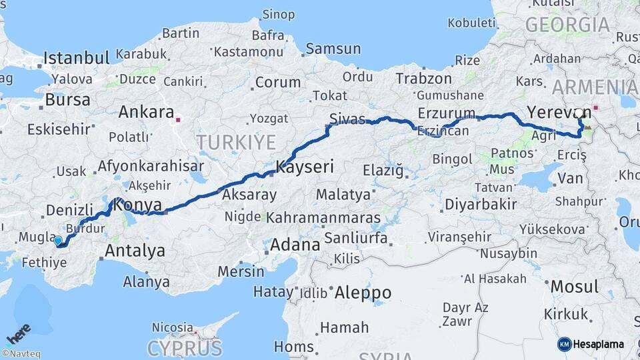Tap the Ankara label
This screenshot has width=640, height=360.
coord(146,112)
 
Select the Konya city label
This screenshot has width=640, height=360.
coord(138,205)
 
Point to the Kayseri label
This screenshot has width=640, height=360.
coord(305,167)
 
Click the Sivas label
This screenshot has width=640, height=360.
coord(347,119)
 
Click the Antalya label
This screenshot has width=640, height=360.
coord(135,251)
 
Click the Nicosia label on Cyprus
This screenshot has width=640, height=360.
coord(173,327)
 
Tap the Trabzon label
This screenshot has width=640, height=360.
coord(423,79)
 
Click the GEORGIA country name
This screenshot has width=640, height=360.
coord(567,25)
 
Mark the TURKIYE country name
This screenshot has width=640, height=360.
coord(236,142)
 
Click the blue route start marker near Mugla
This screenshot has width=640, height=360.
coord(58,241)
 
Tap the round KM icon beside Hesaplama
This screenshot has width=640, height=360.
coord(564,344)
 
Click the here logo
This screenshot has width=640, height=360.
coord(19,331)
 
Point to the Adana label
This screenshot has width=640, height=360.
coord(295,245)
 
